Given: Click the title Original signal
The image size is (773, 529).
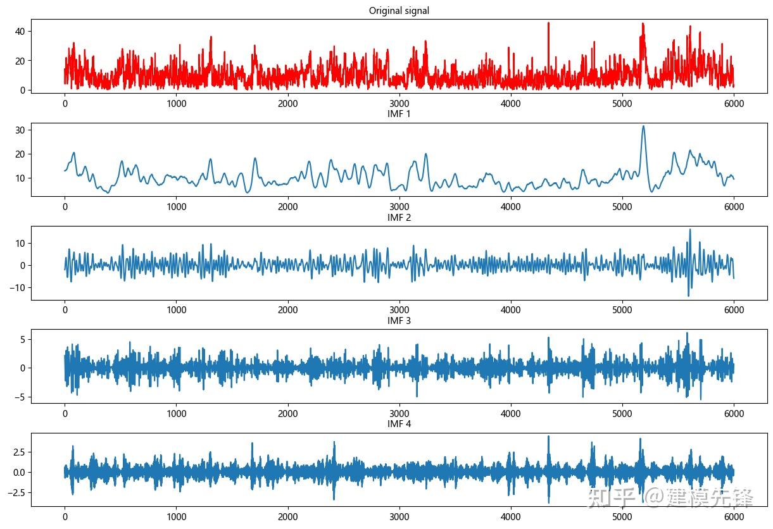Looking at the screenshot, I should coord(399,11).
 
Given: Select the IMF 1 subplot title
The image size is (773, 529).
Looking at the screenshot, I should coord(399,114).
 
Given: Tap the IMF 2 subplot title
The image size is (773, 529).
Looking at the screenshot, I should coord(399,218).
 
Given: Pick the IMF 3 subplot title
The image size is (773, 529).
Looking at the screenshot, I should coord(399,321).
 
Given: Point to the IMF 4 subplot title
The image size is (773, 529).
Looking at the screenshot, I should coord(399,424).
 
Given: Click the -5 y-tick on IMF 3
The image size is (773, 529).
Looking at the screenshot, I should coord(18,397).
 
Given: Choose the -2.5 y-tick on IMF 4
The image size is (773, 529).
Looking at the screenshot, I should coord(13,492).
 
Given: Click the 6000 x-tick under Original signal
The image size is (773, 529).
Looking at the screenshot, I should coord(734,104).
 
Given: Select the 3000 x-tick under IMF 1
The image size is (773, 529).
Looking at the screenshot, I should coord(399,206).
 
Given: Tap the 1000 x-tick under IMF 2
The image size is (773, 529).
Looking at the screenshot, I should coord(176,310).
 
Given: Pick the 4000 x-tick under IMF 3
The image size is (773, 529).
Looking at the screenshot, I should coord(510,414).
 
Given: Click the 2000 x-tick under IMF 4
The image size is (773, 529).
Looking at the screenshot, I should coord(287,517).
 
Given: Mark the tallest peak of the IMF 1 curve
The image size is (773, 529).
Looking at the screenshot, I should coord(643,126).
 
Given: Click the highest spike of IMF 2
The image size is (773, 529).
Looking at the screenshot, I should coord(690,230).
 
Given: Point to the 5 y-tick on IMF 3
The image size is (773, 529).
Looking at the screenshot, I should coord(21,339).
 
